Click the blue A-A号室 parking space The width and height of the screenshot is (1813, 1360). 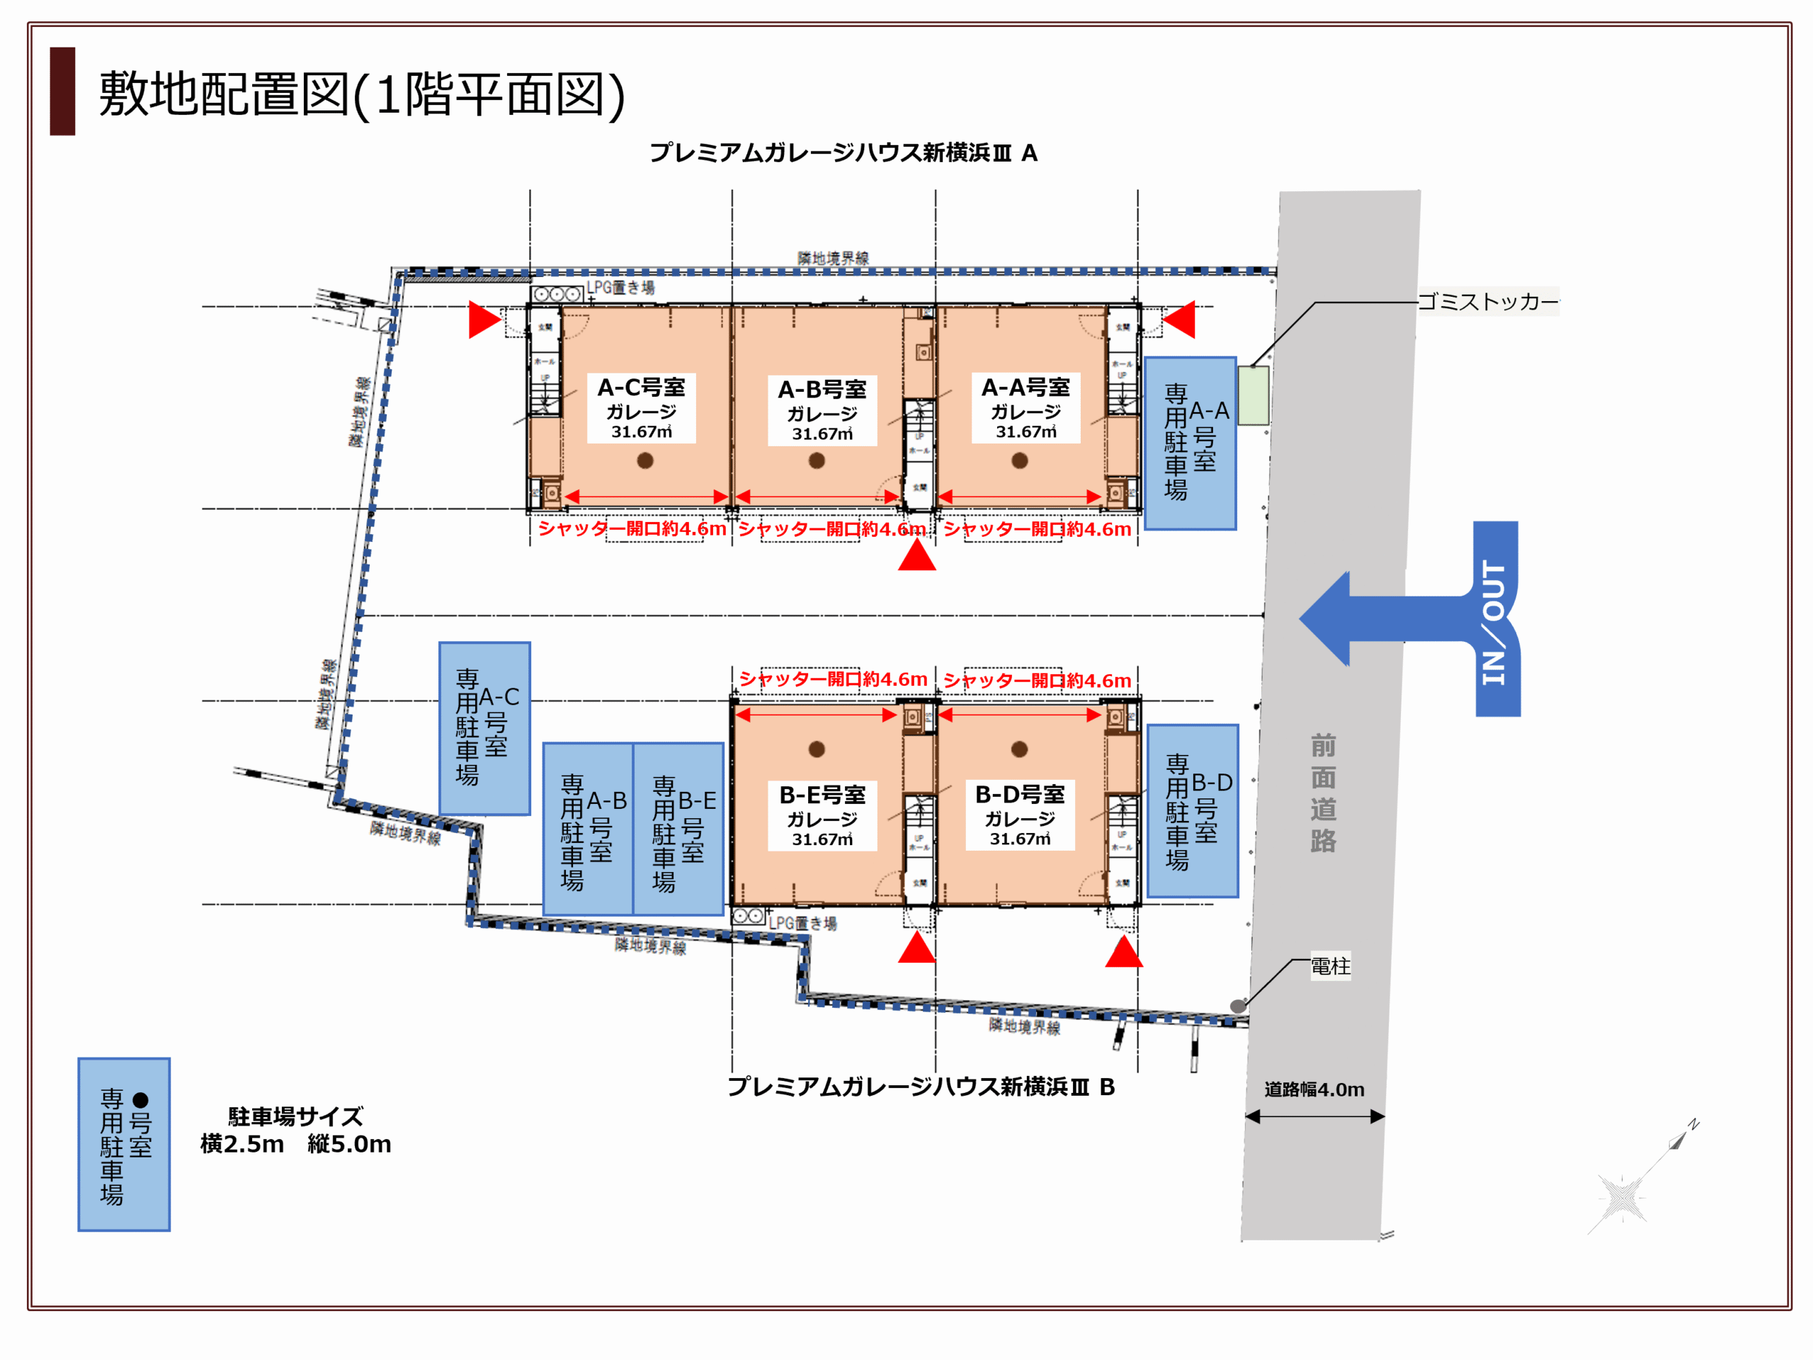click(x=1190, y=443)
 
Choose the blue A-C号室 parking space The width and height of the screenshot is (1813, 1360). click(x=484, y=728)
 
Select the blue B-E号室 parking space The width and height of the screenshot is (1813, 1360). click(x=678, y=829)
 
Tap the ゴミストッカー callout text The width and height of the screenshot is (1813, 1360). click(x=1488, y=302)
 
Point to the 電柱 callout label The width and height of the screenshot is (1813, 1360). click(x=1330, y=965)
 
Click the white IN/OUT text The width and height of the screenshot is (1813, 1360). click(x=1494, y=621)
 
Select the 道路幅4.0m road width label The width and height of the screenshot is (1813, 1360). click(x=1314, y=1089)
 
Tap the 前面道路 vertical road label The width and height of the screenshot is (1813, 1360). click(x=1323, y=793)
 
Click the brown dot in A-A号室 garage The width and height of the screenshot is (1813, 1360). click(x=1020, y=460)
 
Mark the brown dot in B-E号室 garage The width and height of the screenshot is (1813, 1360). click(x=817, y=749)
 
